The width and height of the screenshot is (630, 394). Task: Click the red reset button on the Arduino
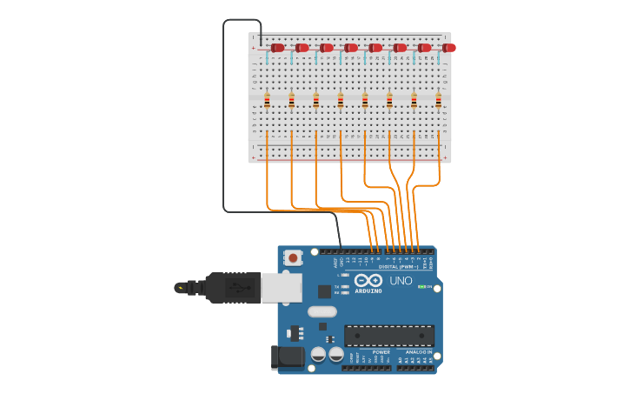pyautogui.click(x=294, y=257)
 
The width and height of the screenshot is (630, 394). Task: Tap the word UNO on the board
pyautogui.click(x=401, y=281)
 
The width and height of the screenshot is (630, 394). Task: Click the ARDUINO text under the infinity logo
pyautogui.click(x=368, y=290)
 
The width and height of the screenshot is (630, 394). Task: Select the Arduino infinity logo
pyautogui.click(x=368, y=280)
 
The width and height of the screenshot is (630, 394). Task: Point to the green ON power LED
pyautogui.click(x=421, y=286)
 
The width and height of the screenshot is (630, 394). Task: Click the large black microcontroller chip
pyautogui.click(x=388, y=336)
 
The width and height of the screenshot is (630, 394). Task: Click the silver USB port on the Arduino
pyautogui.click(x=281, y=287)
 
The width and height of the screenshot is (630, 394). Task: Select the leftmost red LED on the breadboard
pyautogui.click(x=277, y=48)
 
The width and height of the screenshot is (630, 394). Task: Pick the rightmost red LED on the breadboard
pyautogui.click(x=448, y=48)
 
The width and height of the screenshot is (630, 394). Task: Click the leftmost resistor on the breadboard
pyautogui.click(x=267, y=101)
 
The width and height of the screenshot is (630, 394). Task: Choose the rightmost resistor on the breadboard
pyautogui.click(x=438, y=101)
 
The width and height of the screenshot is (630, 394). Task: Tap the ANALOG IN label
pyautogui.click(x=418, y=352)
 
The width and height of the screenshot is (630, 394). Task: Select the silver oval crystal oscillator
pyautogui.click(x=322, y=311)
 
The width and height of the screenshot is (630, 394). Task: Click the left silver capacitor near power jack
pyautogui.click(x=319, y=354)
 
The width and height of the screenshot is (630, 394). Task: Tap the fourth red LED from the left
pyautogui.click(x=350, y=48)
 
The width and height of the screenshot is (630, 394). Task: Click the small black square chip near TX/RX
pyautogui.click(x=324, y=291)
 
